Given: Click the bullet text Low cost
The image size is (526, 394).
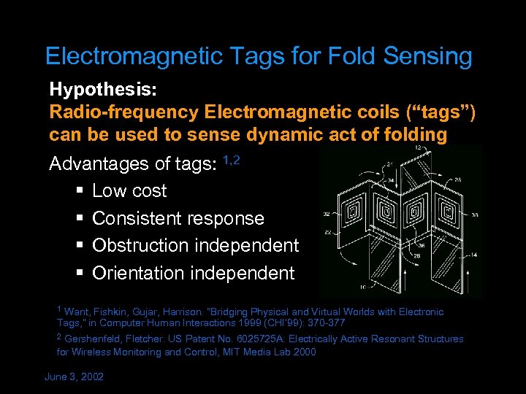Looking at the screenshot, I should (129, 191).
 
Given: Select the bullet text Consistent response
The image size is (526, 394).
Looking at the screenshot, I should (178, 218).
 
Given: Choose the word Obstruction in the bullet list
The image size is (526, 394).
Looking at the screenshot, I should (138, 245).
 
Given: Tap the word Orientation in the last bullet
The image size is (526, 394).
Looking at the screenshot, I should (139, 273).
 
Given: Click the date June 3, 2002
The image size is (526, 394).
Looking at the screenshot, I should (75, 376).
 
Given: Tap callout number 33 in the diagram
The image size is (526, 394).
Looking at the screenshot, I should (476, 215).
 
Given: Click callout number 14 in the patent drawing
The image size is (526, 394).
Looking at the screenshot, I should (476, 254).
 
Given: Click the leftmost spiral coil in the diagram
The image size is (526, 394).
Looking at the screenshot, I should (353, 214).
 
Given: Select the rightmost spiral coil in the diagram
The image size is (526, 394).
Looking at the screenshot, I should (446, 212).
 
